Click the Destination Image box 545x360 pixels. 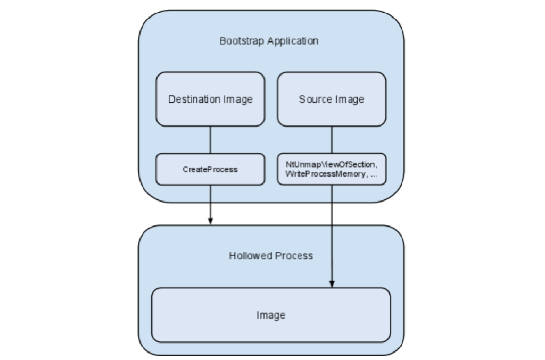(210, 99)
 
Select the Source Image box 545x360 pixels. (332, 99)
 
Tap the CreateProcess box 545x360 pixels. (210, 169)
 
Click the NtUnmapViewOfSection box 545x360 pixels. (332, 169)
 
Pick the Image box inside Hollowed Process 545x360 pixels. (271, 315)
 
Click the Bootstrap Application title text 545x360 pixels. (269, 41)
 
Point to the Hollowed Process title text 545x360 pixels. (271, 256)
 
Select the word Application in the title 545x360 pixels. (293, 41)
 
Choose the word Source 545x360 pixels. (314, 99)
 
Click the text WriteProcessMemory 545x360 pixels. (325, 174)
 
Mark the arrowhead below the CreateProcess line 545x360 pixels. (210, 221)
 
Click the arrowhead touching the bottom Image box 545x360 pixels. (332, 283)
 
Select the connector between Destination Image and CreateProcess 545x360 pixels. (210, 140)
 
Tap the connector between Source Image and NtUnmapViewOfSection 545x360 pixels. (332, 140)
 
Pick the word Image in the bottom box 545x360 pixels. (271, 315)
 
